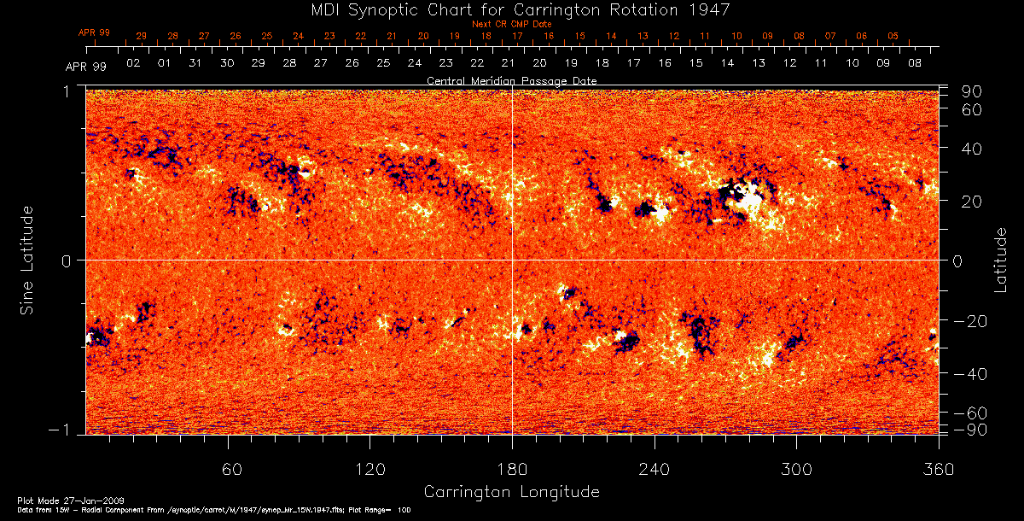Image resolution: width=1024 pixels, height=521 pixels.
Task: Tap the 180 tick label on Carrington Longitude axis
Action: pos(512,470)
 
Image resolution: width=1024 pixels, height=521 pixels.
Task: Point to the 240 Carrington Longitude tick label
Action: pos(655,470)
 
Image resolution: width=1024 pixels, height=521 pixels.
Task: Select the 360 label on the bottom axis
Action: pos(938,470)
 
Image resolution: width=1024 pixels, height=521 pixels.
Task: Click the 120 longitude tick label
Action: pos(370,470)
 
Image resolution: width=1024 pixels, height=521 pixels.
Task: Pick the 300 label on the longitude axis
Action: pos(796,470)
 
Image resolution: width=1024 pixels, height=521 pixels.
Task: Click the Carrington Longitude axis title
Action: pos(511,492)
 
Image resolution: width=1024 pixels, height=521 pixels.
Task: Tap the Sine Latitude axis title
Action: pos(27,259)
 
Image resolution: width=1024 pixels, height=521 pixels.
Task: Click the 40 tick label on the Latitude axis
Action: pos(973,149)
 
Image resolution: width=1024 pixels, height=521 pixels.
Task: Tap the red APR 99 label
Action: pos(94,32)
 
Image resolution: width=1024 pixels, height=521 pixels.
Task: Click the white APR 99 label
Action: pos(85,67)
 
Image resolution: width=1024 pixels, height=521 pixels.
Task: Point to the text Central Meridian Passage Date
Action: pos(511,80)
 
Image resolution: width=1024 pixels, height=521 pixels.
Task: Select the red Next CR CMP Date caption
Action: pos(511,24)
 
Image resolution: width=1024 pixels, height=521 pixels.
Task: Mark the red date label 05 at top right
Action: pos(893,37)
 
